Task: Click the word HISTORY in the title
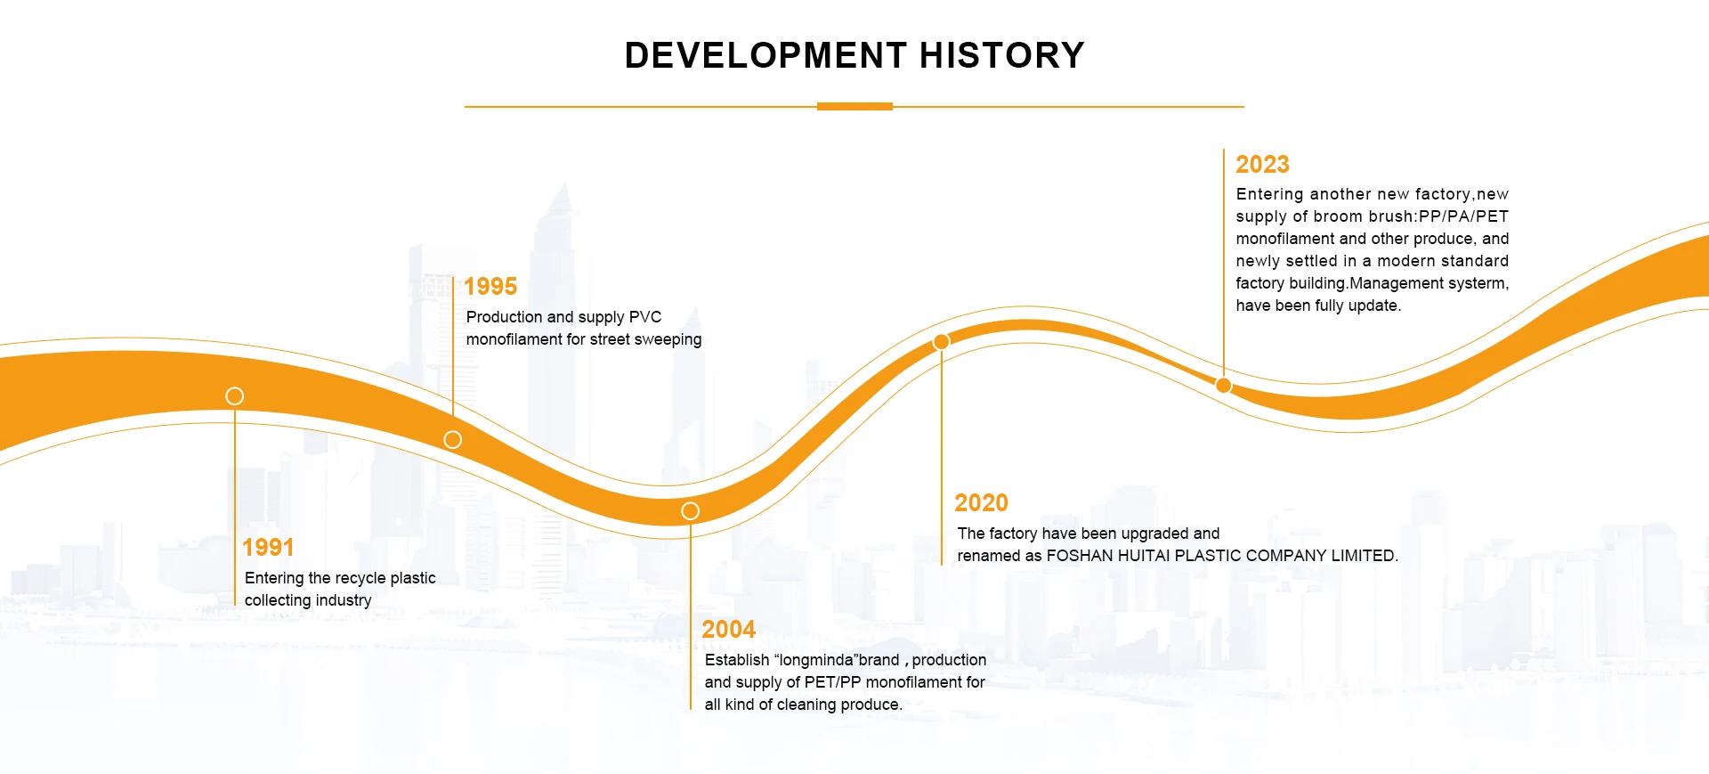1001,55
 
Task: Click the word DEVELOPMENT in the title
765,55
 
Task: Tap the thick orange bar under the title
854,107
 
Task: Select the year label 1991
268,547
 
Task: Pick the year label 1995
490,286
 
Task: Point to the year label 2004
728,629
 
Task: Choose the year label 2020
981,502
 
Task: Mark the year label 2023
1262,164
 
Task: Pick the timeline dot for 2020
941,341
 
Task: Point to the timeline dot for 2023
1224,385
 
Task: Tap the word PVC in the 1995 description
645,317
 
